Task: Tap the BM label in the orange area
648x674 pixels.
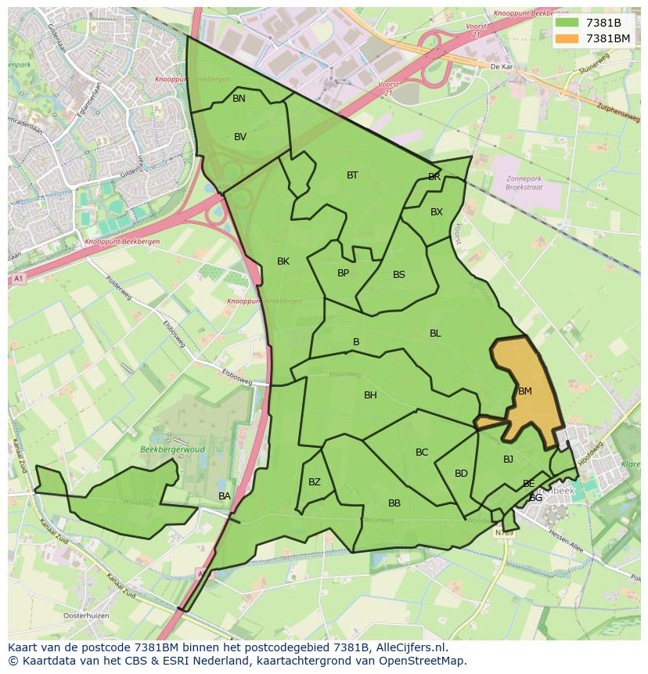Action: tap(525, 391)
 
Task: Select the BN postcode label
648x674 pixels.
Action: tap(239, 99)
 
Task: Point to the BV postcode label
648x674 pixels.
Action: tap(240, 137)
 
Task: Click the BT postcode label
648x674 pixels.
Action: tap(352, 175)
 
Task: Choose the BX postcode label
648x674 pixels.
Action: tap(437, 212)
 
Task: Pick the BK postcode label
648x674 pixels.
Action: tap(283, 261)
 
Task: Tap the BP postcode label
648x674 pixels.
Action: tap(343, 273)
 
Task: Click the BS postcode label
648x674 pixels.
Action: tap(399, 275)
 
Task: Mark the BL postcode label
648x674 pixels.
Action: tap(435, 333)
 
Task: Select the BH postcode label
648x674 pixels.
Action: tap(370, 395)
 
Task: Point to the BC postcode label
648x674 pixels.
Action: tap(422, 452)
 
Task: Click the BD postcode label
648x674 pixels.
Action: tap(461, 474)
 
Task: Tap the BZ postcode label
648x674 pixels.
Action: tap(315, 482)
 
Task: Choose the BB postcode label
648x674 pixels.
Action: tap(394, 503)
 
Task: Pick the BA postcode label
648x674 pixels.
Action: tap(225, 496)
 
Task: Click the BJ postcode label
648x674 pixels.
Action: tap(508, 460)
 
